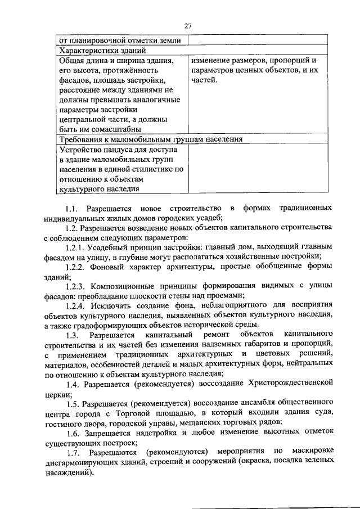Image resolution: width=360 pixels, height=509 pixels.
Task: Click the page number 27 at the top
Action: click(188, 25)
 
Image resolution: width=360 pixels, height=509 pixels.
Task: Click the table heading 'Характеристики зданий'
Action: click(96, 50)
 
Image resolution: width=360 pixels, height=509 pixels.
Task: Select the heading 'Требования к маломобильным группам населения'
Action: click(151, 139)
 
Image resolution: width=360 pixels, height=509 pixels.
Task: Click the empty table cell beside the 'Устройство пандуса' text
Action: click(258, 169)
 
